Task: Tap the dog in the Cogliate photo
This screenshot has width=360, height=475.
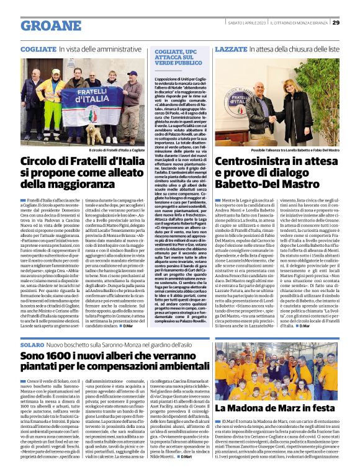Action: click(x=93, y=131)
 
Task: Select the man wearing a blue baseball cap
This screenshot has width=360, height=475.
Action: click(x=132, y=93)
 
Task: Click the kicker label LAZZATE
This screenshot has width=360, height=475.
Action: click(x=231, y=48)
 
